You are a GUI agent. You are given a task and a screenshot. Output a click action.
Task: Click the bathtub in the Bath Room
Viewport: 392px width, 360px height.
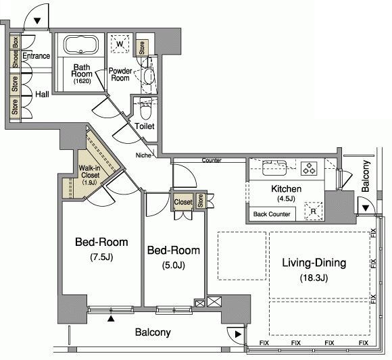click(x=80, y=45)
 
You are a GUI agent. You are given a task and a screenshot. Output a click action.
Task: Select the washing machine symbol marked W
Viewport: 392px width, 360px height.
click(x=120, y=44)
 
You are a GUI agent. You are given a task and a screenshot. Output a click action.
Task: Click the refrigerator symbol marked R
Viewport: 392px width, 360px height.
click(x=314, y=211)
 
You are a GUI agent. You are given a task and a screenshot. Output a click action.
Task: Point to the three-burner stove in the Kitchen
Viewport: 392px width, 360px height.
click(x=310, y=168)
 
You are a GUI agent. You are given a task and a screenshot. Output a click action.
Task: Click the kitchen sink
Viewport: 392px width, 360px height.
click(x=274, y=168)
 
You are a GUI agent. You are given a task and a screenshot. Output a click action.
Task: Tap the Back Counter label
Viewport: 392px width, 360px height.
click(x=272, y=214)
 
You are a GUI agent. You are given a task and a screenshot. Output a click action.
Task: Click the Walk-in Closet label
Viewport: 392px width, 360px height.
click(x=90, y=172)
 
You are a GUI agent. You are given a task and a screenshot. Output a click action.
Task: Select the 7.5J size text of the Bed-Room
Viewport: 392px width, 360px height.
click(x=101, y=257)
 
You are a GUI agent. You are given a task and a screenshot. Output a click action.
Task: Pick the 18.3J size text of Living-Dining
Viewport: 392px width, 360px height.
click(x=314, y=278)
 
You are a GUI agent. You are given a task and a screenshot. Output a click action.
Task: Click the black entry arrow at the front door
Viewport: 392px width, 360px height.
click(x=37, y=21)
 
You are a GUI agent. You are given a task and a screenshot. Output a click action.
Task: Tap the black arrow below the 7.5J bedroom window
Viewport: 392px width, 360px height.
click(x=111, y=319)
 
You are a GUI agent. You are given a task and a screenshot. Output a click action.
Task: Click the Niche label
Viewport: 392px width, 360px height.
click(x=143, y=155)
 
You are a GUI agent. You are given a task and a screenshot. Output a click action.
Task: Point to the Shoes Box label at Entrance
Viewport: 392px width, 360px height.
click(x=16, y=52)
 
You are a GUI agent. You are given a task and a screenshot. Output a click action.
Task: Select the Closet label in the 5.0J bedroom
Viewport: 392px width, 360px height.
click(x=183, y=202)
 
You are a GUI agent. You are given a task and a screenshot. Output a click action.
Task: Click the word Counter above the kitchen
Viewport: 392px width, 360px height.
click(x=212, y=160)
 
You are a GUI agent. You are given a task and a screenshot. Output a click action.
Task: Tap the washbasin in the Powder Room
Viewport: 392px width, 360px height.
click(x=149, y=76)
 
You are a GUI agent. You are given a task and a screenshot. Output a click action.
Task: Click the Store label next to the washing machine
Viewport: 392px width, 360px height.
click(x=142, y=48)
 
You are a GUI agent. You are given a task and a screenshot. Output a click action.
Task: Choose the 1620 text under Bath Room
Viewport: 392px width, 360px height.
click(x=82, y=81)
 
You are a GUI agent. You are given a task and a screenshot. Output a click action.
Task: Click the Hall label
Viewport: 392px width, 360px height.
click(x=42, y=94)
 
